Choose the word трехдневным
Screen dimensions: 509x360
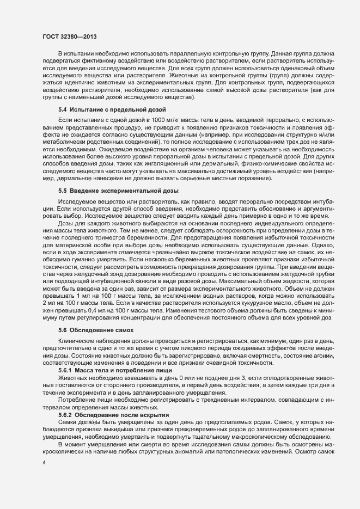tap(190, 400)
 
